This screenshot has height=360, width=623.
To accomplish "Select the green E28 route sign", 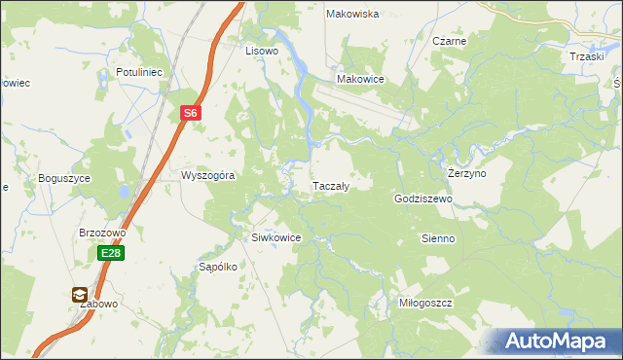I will [110, 254].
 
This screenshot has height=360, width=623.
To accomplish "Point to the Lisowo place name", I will [262, 51].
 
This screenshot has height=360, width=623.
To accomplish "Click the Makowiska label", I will [352, 15].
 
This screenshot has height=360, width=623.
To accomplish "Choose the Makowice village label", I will [360, 80].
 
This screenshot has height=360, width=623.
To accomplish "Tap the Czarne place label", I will [450, 42].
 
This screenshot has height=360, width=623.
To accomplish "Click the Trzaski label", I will [588, 56].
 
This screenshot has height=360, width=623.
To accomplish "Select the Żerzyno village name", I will [467, 172].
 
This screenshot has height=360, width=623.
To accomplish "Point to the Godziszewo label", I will [424, 198].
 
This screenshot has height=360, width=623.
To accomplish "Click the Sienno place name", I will [438, 238].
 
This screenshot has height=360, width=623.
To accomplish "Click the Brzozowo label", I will [103, 234].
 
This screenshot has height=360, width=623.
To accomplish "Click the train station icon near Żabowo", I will [79, 295].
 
